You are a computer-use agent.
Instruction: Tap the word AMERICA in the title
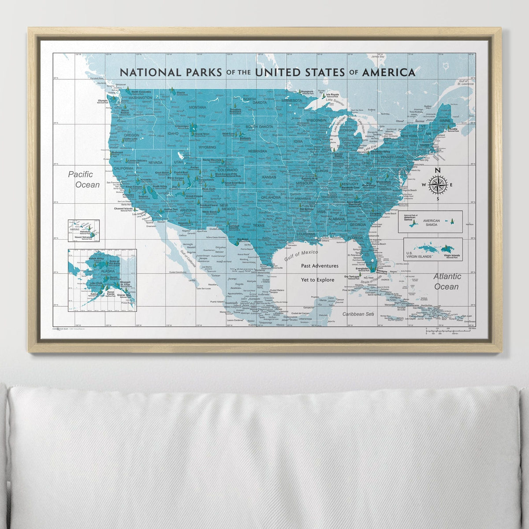click(x=388, y=72)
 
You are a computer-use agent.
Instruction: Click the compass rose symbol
click(x=437, y=185)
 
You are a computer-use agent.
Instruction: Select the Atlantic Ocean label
click(x=447, y=281)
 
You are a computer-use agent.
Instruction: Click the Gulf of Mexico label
click(x=301, y=255)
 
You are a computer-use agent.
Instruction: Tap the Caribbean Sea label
click(x=358, y=314)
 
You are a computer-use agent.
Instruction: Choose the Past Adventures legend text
click(x=320, y=266)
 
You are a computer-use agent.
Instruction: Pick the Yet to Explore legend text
click(x=317, y=279)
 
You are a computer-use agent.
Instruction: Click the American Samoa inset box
click(x=430, y=221)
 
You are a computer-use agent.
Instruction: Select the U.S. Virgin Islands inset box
click(x=433, y=249)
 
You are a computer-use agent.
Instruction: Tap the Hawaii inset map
click(x=83, y=231)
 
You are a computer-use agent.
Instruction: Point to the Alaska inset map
click(x=102, y=280)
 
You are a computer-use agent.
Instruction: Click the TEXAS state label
click(x=259, y=226)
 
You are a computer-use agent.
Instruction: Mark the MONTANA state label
click(x=197, y=107)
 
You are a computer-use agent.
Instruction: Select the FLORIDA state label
click(x=354, y=238)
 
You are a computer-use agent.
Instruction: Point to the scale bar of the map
click(x=450, y=331)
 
